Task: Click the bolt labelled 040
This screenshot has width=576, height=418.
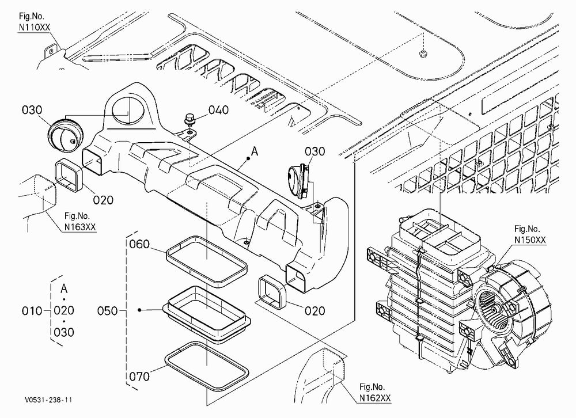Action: click(189, 119)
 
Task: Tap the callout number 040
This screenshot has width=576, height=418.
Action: click(218, 110)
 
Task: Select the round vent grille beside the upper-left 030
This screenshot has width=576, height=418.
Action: click(66, 134)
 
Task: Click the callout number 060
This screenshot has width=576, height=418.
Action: click(139, 244)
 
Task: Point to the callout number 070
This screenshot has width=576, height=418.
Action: click(139, 377)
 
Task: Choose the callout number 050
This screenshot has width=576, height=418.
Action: click(107, 311)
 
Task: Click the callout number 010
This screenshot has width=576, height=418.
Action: click(32, 311)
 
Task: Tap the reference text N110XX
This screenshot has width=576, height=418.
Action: click(35, 27)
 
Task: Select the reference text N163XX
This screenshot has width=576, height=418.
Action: click(80, 227)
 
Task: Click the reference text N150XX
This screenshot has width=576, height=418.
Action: click(530, 240)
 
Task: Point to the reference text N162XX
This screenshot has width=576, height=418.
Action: click(375, 398)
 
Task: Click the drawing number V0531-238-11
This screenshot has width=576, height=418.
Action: click(49, 400)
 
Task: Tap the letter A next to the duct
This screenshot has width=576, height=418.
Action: click(255, 151)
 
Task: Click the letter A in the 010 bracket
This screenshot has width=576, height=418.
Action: click(64, 288)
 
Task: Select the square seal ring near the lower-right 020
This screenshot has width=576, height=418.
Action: click(273, 292)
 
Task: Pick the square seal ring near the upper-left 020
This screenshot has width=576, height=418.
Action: click(69, 175)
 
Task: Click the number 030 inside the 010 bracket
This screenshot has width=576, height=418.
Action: click(64, 332)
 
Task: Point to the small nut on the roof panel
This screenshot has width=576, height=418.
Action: click(423, 54)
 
